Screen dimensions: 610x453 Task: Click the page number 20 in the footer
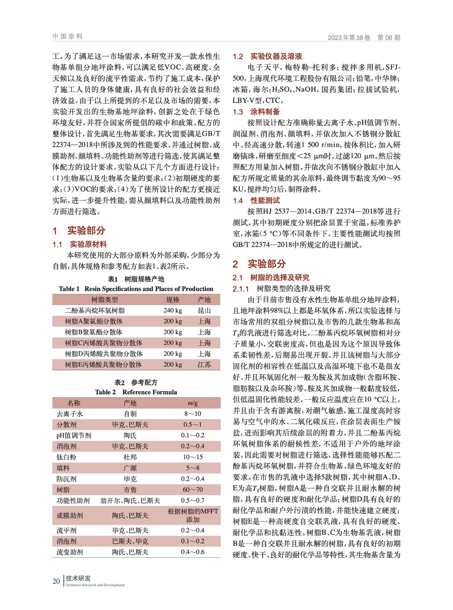click(56, 581)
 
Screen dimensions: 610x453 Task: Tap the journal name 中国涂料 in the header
click(68, 37)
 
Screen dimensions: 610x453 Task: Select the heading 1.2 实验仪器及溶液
click(267, 56)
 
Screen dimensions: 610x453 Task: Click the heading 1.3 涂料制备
click(256, 112)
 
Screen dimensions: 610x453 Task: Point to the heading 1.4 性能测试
click(256, 201)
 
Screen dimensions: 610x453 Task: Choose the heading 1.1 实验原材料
click(79, 244)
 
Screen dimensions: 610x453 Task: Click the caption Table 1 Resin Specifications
click(136, 289)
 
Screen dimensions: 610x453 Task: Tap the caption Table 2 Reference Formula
click(136, 392)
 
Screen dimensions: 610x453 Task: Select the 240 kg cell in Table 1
click(173, 311)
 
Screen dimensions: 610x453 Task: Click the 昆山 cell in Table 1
click(204, 311)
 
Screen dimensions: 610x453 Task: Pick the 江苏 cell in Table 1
click(204, 364)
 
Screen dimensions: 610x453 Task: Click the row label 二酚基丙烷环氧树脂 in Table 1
click(95, 311)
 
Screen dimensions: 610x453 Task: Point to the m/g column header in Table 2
click(193, 403)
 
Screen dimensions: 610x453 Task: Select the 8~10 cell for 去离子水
click(193, 414)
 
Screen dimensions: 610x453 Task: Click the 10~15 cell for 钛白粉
click(193, 457)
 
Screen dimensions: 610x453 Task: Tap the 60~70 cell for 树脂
click(193, 490)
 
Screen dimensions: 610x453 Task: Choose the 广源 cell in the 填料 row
click(130, 468)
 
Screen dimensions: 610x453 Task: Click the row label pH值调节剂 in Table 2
click(74, 435)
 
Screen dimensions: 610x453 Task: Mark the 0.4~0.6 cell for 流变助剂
click(193, 552)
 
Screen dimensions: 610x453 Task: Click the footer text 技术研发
click(78, 578)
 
